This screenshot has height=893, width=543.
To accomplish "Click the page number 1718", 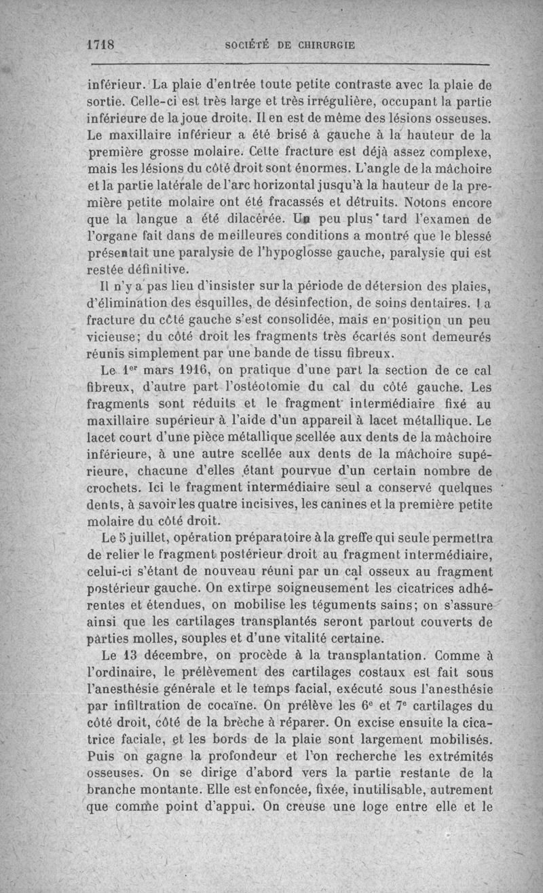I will [104, 45].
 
